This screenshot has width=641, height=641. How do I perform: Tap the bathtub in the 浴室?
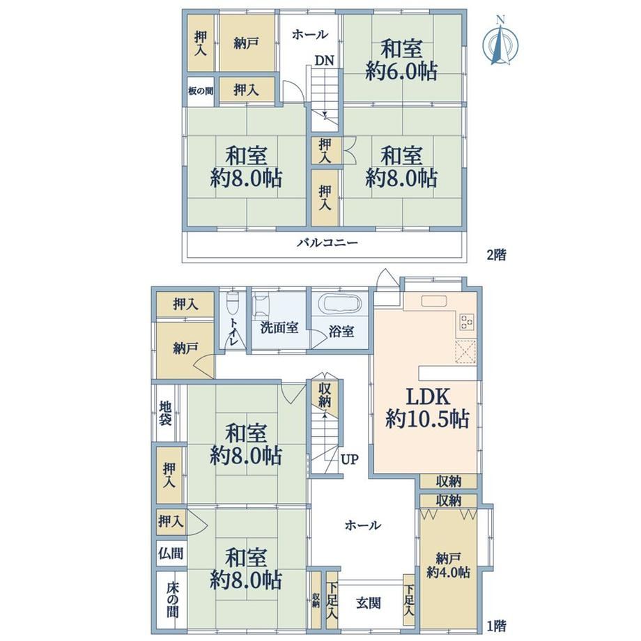point(342,304)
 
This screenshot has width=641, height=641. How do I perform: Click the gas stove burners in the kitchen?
point(467,321)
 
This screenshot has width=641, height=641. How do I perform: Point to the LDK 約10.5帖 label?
point(427,408)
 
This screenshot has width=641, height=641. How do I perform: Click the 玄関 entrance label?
point(369,603)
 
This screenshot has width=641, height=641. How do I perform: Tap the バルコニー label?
point(327,243)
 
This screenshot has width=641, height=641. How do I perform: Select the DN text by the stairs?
point(324,61)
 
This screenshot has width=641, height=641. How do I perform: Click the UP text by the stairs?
point(350,459)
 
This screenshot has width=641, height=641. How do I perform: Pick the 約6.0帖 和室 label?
point(401,61)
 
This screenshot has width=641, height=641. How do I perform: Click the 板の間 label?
point(201,91)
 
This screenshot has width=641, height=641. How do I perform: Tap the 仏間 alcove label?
point(171,553)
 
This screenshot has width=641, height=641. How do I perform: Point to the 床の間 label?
point(172,600)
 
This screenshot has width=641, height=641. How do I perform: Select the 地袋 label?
point(166,412)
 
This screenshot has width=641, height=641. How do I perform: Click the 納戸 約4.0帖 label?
point(448,565)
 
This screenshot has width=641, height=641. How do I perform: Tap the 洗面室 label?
point(279,328)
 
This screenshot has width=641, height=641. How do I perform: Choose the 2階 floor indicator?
point(496,255)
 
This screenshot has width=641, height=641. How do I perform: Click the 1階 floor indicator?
point(496,626)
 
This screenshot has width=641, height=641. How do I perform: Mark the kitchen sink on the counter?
point(434,300)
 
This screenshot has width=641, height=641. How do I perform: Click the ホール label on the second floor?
point(309,35)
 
